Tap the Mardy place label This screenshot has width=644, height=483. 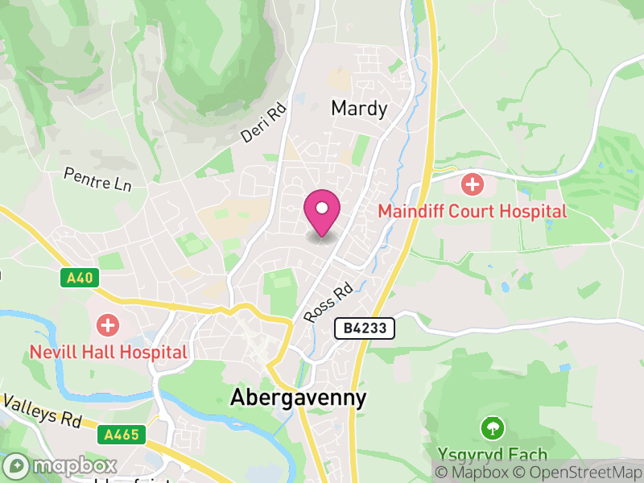tap(359, 109)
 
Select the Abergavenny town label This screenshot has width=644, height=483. tap(298, 398)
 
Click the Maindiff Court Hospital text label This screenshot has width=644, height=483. tap(473, 212)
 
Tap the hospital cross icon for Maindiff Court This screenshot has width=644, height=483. tap(473, 184)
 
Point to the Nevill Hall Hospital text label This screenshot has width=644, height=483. tap(108, 352)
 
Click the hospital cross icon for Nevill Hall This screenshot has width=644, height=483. tap(107, 326)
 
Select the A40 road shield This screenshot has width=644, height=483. tap(80, 279)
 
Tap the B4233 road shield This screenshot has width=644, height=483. tap(364, 328)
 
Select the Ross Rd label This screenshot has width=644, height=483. tap(328, 302)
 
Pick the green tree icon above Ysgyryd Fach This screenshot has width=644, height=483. tap(492, 426)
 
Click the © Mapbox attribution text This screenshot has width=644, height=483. tap(472, 472)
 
